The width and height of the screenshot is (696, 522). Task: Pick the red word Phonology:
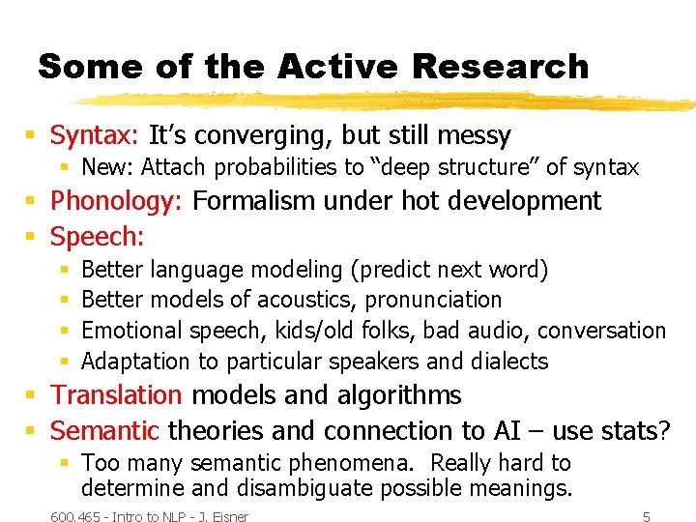(x=118, y=201)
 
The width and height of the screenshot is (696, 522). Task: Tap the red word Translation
(x=116, y=395)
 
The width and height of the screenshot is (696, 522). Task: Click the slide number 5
(x=647, y=516)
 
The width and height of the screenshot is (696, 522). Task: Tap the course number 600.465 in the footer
(x=77, y=516)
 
